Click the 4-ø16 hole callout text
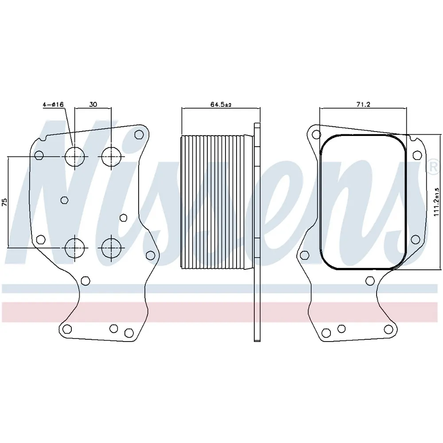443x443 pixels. tap(53, 104)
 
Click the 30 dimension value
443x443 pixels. tap(93, 104)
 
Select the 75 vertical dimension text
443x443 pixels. tap(4, 202)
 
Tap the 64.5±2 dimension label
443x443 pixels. tap(221, 105)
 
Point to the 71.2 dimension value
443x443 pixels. tap(363, 104)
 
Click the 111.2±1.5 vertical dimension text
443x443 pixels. tap(436, 202)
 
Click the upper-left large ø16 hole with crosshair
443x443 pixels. tap(74, 156)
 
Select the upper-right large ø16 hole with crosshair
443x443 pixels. tap(111, 156)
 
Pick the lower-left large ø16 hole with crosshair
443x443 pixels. tap(74, 248)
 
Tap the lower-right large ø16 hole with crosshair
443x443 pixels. tap(111, 248)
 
